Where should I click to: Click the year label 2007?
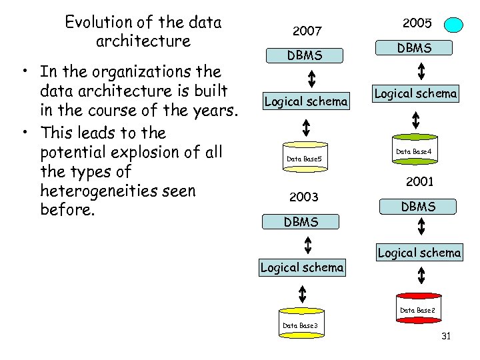pyautogui.click(x=307, y=31)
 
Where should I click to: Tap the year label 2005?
pyautogui.click(x=418, y=23)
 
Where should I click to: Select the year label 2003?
pyautogui.click(x=303, y=197)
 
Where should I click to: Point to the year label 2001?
pyautogui.click(x=420, y=181)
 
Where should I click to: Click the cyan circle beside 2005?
pyautogui.click(x=454, y=25)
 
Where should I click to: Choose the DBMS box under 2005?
pyautogui.click(x=415, y=48)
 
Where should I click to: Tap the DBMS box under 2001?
pyautogui.click(x=418, y=207)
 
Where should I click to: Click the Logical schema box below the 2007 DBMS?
pyautogui.click(x=306, y=101)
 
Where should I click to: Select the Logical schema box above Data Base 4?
pyautogui.click(x=415, y=93)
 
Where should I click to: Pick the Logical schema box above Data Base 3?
pyautogui.click(x=302, y=268)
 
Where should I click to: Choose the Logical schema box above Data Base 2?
pyautogui.click(x=419, y=253)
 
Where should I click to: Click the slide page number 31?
pyautogui.click(x=446, y=336)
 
